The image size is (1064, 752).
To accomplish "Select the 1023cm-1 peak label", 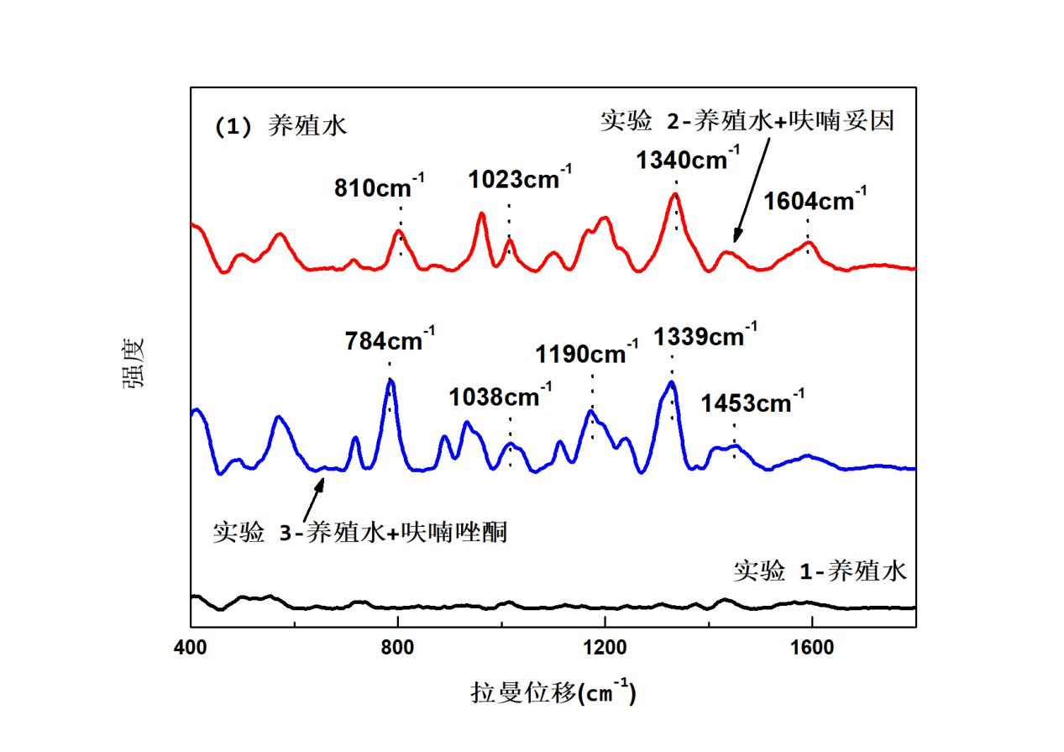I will pyautogui.click(x=521, y=179).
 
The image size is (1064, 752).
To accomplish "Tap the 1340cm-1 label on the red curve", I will pyautogui.click(x=688, y=159).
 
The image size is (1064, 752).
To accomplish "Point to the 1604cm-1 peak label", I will pyautogui.click(x=815, y=202).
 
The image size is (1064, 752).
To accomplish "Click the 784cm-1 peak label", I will pyautogui.click(x=390, y=341).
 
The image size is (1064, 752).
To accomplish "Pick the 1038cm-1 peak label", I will pyautogui.click(x=501, y=395).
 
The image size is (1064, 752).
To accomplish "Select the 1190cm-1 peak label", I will pyautogui.click(x=581, y=355).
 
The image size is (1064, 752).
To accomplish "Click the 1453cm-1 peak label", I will pyautogui.click(x=752, y=403).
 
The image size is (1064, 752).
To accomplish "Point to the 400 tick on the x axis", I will pyautogui.click(x=191, y=648).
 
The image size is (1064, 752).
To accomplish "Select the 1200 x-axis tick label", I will pyautogui.click(x=605, y=648).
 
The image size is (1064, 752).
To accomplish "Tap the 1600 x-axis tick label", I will pyautogui.click(x=812, y=648).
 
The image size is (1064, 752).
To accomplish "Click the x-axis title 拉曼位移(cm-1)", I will pyautogui.click(x=553, y=694).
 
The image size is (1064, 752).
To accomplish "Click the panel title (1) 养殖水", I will pyautogui.click(x=280, y=127).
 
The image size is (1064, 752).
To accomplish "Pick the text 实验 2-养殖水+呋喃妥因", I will pyautogui.click(x=747, y=121).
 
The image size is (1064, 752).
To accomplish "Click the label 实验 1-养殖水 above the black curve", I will pyautogui.click(x=820, y=571).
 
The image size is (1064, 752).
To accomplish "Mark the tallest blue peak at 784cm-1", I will pyautogui.click(x=390, y=381).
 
